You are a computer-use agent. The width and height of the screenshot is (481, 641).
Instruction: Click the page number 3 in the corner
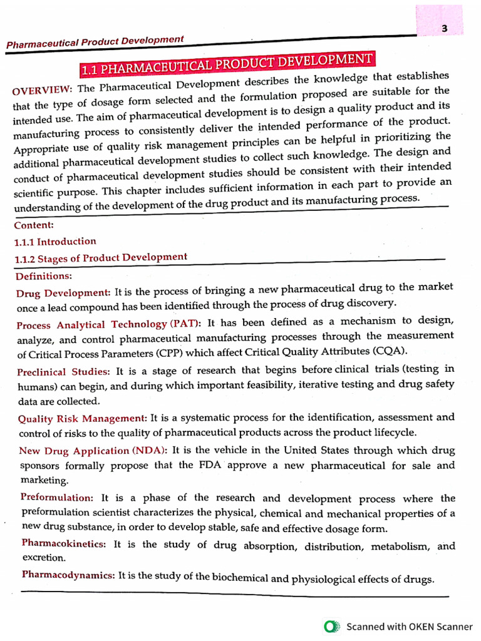[443, 28]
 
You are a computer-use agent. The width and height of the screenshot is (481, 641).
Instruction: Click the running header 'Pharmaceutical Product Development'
[95, 42]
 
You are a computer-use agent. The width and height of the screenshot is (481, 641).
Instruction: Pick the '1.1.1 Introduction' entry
[55, 241]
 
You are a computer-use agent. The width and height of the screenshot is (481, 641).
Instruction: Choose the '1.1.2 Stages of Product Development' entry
[101, 257]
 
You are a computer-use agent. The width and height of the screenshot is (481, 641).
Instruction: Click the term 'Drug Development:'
[63, 292]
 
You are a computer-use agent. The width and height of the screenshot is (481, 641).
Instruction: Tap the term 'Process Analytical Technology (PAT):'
[109, 324]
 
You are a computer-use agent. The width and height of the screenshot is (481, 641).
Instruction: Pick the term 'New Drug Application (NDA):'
[93, 451]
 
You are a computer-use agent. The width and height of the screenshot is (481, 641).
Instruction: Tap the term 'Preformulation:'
[57, 498]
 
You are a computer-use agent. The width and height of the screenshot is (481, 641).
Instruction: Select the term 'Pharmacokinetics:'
[65, 544]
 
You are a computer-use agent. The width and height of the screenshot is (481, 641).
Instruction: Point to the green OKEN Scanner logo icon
[332, 626]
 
